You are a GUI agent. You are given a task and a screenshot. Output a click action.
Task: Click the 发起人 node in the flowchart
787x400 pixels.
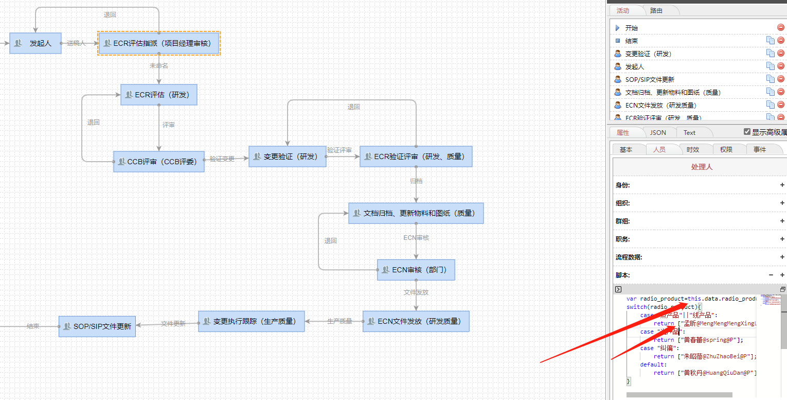pos(35,43)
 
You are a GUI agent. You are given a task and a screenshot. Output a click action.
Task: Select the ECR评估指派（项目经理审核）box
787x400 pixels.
pos(159,43)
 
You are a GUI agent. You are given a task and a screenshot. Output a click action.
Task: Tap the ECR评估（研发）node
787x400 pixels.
pos(159,95)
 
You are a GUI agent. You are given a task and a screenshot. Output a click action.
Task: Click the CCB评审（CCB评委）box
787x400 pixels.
pos(159,162)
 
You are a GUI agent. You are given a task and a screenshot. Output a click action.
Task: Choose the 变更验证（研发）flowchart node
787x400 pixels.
pos(288,156)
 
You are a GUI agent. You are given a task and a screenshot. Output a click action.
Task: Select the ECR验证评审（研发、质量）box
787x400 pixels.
pos(416,156)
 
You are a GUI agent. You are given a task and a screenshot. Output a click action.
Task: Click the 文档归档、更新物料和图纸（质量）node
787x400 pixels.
pos(416,213)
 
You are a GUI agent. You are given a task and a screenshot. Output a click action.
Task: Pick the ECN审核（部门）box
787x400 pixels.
pos(416,270)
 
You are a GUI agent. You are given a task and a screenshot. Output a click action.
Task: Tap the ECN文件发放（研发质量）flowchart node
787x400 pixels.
pos(416,321)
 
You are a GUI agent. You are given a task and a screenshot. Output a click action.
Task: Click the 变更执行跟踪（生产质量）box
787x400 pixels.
pos(252,321)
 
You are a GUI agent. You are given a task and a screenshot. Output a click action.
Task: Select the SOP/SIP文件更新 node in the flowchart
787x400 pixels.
pos(97,326)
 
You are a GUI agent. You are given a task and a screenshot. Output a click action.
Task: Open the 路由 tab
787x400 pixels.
pos(656,10)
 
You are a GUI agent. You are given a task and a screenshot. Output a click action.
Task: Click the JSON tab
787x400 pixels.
pos(658,132)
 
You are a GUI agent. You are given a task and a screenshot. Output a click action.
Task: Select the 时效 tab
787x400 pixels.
pos(693,149)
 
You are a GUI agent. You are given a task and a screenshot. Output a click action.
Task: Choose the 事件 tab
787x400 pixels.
pos(760,149)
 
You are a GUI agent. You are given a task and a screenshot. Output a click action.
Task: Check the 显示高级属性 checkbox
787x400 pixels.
pos(747,132)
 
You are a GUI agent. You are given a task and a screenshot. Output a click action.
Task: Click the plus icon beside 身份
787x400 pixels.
pos(782,185)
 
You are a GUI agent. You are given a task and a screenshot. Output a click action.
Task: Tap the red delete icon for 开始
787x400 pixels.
pos(781,28)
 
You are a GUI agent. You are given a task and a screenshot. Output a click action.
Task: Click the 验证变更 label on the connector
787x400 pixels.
pos(222,159)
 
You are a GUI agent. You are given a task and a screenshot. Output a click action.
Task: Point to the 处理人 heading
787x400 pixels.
pos(702,167)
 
